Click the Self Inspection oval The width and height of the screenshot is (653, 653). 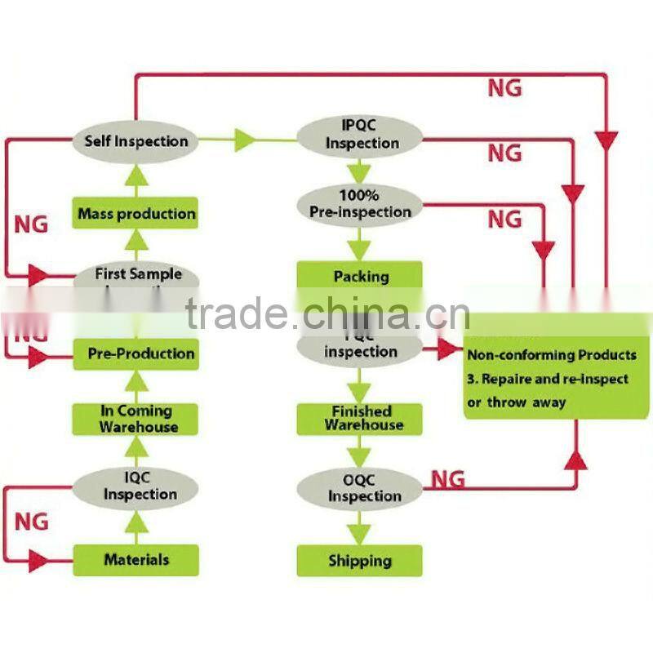pyautogui.click(x=135, y=141)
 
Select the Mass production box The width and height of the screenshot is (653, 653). pyautogui.click(x=136, y=214)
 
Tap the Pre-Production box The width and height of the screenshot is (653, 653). pyautogui.click(x=135, y=354)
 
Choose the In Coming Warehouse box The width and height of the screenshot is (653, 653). pyautogui.click(x=135, y=419)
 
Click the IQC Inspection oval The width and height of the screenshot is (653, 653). pyautogui.click(x=135, y=486)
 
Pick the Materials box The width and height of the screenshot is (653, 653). pyautogui.click(x=135, y=560)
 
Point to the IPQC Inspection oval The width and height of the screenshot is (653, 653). pyautogui.click(x=361, y=135)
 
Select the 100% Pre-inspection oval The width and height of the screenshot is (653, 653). pyautogui.click(x=361, y=204)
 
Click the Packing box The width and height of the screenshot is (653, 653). pyautogui.click(x=360, y=276)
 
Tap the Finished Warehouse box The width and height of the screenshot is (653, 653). pyautogui.click(x=360, y=418)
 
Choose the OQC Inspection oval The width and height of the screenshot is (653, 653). pyautogui.click(x=360, y=488)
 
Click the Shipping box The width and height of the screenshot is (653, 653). pyautogui.click(x=360, y=561)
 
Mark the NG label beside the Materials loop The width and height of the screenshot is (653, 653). pyautogui.click(x=33, y=521)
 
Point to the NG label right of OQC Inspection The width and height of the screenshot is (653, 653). pyautogui.click(x=448, y=479)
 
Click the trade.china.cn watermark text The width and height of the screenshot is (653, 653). pyautogui.click(x=326, y=313)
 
